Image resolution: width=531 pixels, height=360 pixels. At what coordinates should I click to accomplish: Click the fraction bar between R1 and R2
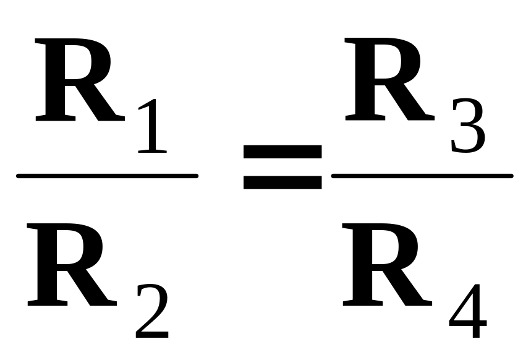(x=106, y=176)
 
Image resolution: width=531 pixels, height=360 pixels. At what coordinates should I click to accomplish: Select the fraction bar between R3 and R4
(x=423, y=176)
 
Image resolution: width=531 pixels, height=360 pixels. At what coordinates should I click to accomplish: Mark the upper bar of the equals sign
(x=282, y=151)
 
